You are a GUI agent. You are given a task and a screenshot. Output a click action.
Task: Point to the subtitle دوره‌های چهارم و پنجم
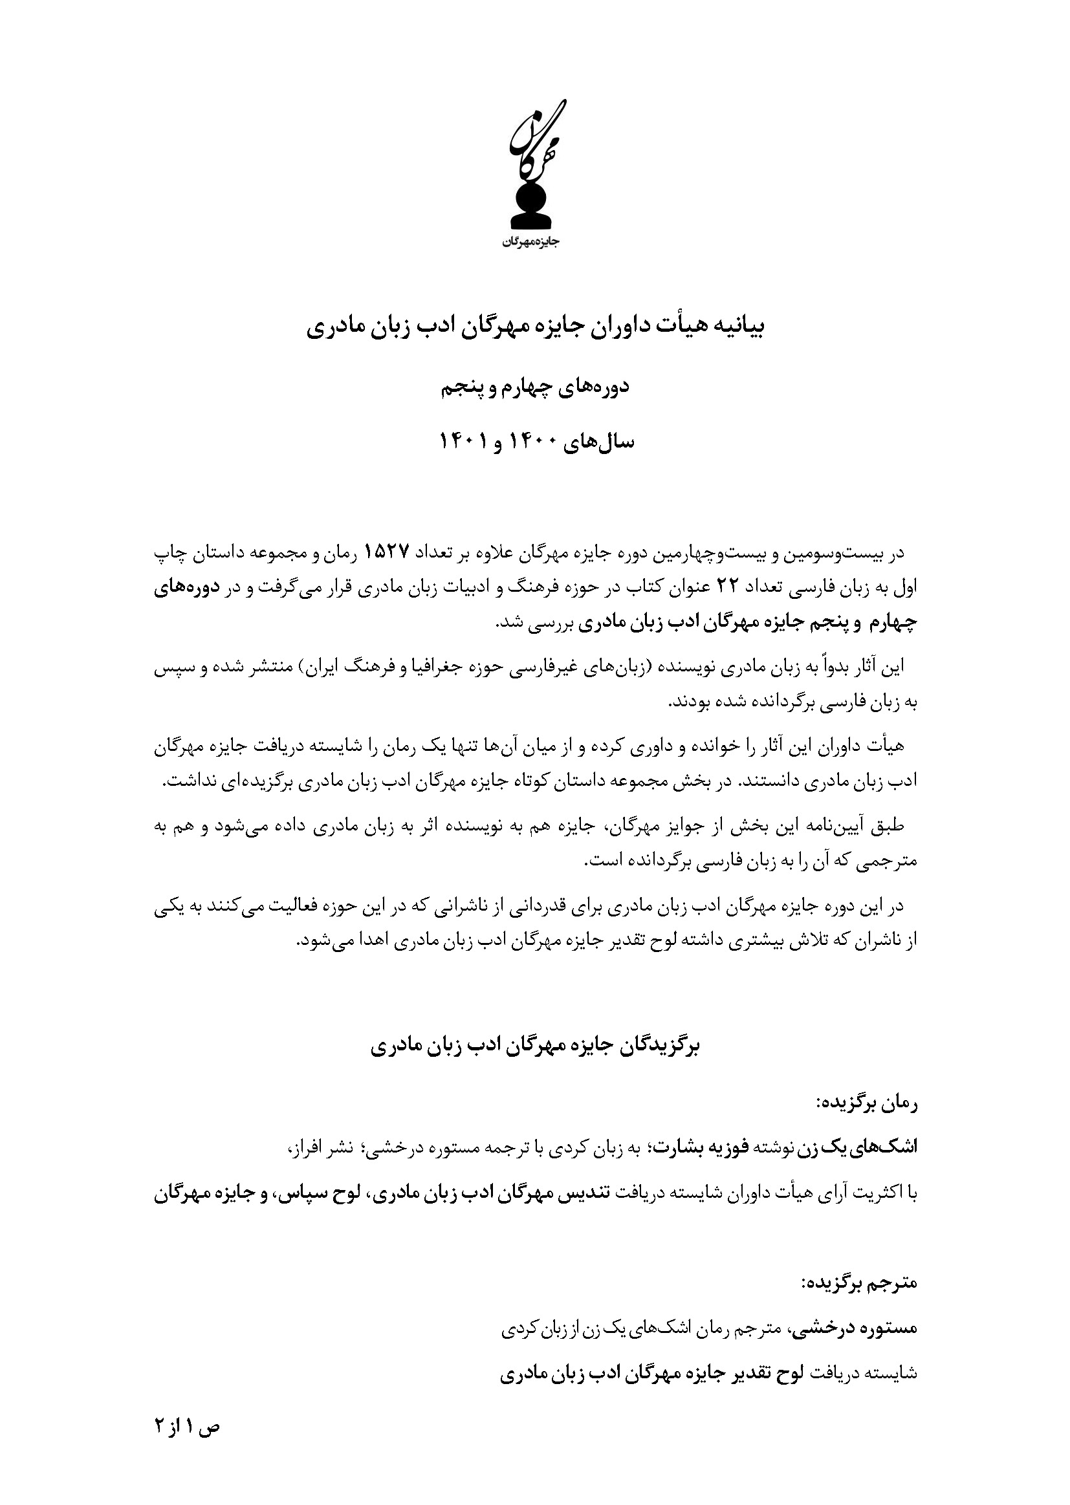[x=535, y=387]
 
